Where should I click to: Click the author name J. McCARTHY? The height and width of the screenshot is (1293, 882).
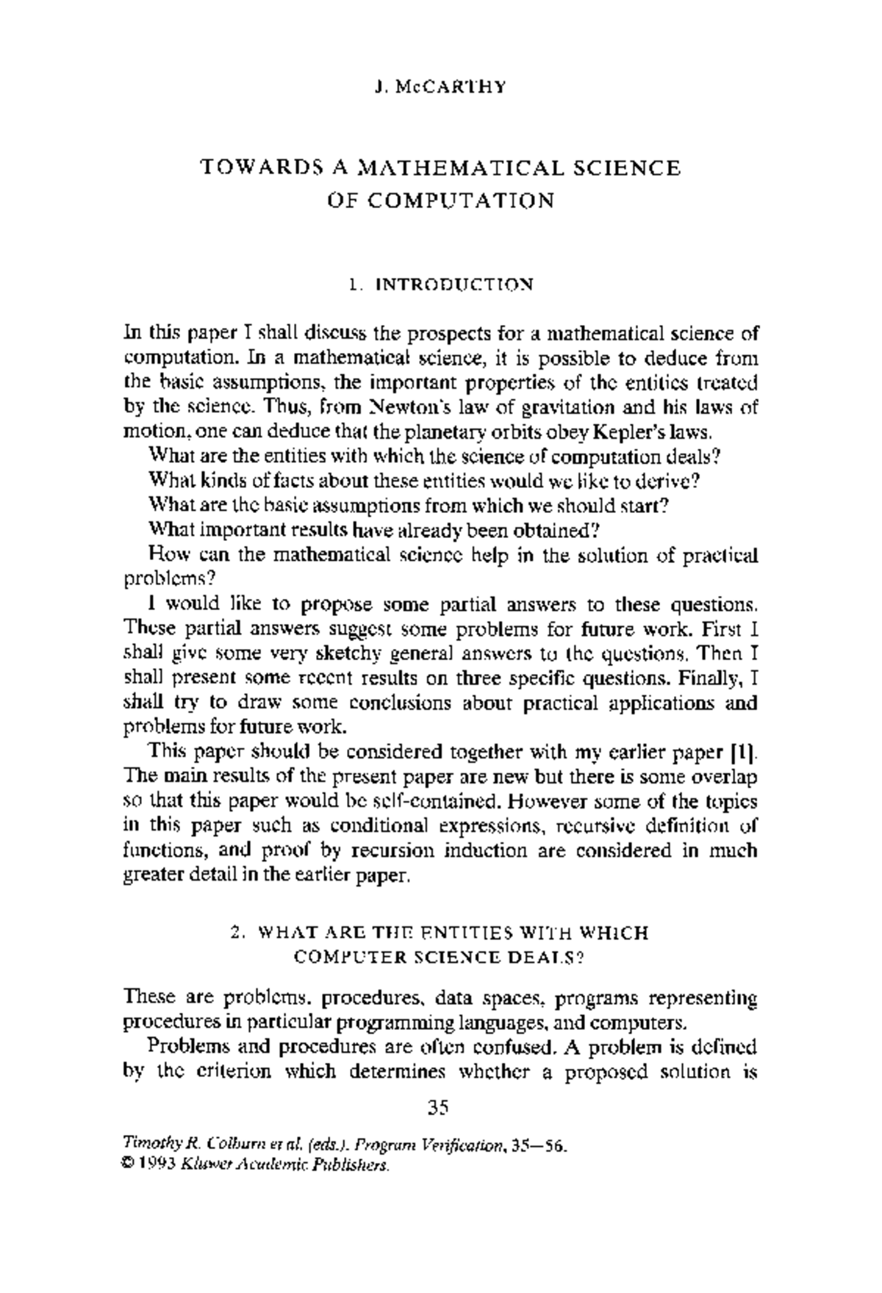pyautogui.click(x=440, y=87)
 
